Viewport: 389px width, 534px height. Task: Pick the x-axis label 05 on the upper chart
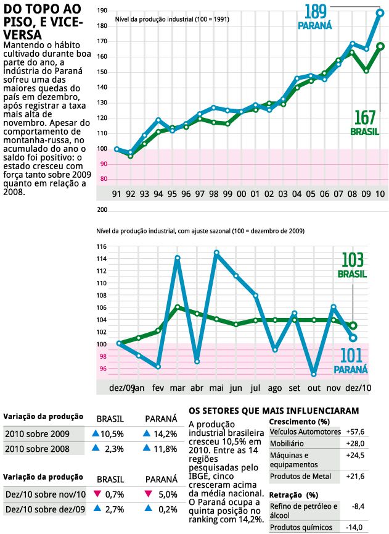point(311,193)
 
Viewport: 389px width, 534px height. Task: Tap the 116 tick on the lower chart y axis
point(102,246)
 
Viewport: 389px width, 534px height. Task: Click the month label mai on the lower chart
point(216,388)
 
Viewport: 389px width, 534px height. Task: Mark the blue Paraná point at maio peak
point(216,252)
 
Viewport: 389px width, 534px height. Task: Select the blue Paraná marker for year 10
point(380,13)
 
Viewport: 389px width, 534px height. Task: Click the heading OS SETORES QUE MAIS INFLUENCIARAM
point(274,410)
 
